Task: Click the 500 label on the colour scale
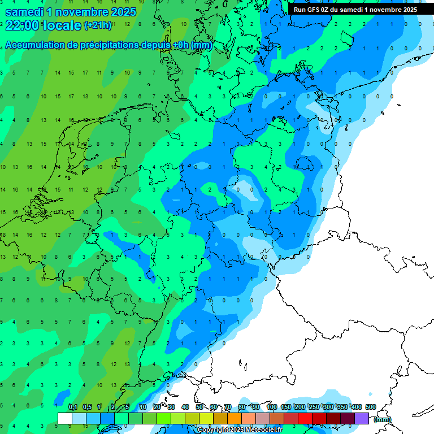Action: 371,407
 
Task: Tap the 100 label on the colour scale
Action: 272,407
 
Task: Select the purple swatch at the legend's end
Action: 362,418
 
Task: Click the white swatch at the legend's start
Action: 65,418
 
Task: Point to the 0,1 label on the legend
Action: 73,407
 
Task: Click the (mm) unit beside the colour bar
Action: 383,419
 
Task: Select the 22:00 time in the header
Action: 22,25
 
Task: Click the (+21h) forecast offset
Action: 98,25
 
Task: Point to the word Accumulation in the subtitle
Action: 36,45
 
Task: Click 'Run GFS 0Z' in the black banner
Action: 313,10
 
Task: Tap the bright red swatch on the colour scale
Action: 305,418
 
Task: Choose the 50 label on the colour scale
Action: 199,407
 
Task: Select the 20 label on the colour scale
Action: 157,407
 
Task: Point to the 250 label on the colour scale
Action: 314,407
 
